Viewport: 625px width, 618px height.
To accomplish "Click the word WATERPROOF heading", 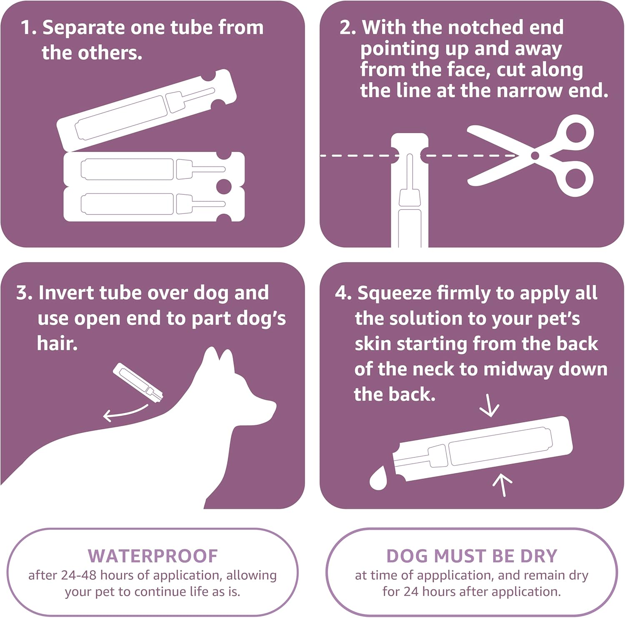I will [x=152, y=556].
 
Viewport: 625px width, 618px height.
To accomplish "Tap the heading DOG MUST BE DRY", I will [x=472, y=556].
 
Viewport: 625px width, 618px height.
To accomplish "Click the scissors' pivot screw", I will [x=535, y=156].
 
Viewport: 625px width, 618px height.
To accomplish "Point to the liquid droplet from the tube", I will [x=378, y=479].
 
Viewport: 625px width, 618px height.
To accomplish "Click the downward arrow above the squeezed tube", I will [x=489, y=407].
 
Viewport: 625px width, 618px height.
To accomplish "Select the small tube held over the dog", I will [x=138, y=383].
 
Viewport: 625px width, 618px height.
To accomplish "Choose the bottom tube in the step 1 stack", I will [x=153, y=204].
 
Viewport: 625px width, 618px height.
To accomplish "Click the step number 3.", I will [x=23, y=293].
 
